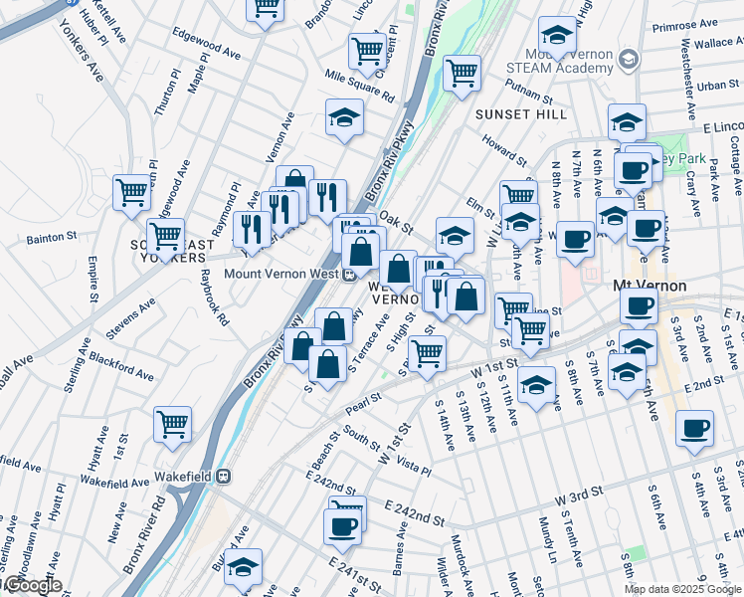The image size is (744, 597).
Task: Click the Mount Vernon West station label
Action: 282,276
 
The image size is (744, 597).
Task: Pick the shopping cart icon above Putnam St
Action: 462,73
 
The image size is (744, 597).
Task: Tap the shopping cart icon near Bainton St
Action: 165,237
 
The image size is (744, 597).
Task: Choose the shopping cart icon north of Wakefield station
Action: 172,424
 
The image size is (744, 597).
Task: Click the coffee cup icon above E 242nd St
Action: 343,526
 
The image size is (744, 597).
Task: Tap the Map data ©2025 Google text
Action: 683,589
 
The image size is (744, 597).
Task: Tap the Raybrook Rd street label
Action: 215,298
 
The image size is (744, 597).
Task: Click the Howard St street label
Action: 505,149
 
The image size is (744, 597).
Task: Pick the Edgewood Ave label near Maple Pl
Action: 207,46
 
